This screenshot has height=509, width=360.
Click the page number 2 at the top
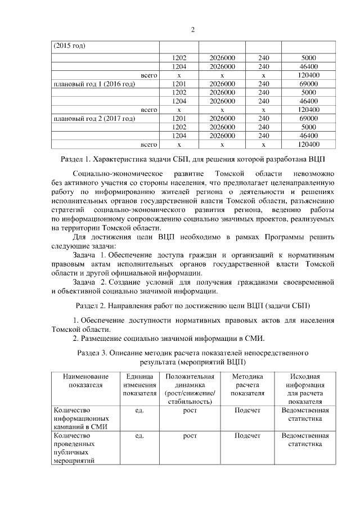(x=192, y=30)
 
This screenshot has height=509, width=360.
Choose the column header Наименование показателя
(x=85, y=381)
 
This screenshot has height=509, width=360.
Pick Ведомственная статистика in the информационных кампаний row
(x=305, y=415)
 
